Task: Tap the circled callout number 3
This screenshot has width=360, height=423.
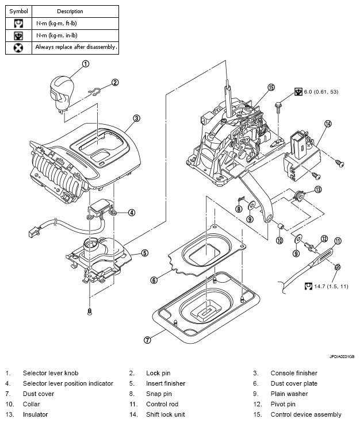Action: point(137,118)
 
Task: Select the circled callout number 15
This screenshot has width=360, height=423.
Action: point(271,87)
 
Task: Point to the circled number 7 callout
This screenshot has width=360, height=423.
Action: point(147,340)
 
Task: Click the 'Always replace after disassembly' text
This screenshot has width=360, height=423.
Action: point(76,47)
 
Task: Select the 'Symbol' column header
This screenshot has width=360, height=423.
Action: point(18,11)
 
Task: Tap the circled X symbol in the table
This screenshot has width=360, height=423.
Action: point(18,48)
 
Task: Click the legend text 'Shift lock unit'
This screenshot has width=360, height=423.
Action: point(166,414)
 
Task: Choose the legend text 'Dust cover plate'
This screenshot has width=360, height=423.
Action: point(294,383)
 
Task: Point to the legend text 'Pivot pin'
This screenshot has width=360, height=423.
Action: point(283,404)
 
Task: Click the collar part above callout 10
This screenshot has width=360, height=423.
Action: point(281,225)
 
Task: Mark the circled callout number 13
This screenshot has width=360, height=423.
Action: point(318,190)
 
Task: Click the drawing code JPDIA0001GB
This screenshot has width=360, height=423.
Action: point(342,357)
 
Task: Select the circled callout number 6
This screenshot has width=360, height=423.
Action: point(154,280)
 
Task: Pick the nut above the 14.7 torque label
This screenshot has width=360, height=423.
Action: point(337,267)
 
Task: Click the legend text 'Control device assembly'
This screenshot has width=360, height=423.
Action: point(306,414)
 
